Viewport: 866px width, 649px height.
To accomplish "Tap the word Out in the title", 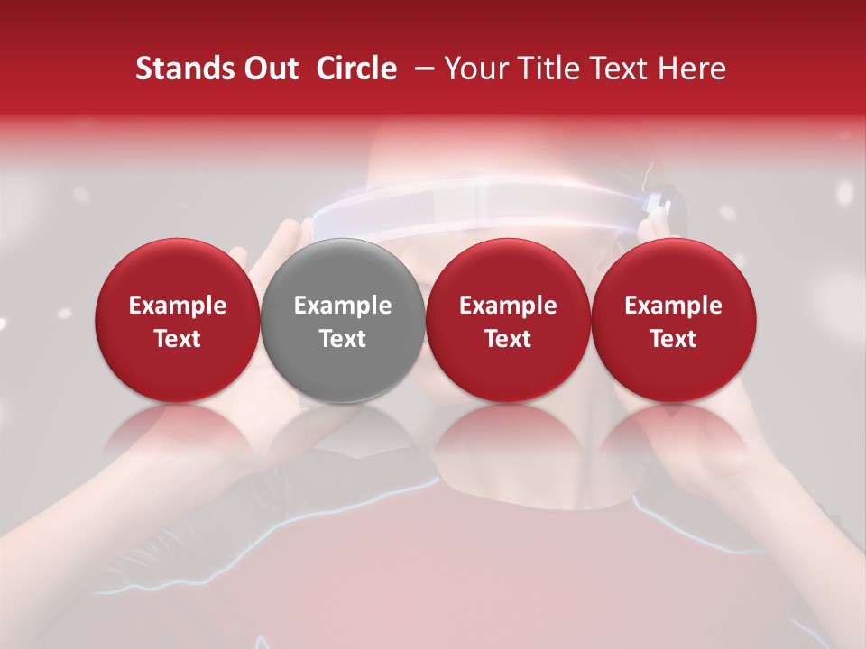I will (268, 69).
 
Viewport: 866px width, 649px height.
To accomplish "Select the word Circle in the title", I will (356, 69).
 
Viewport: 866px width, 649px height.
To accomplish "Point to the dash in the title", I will (421, 69).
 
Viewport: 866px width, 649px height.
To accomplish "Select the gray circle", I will (343, 320).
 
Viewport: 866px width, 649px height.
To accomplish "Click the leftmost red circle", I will (178, 320).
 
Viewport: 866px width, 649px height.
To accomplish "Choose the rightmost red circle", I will (674, 320).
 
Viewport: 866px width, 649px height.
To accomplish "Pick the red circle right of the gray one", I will (508, 320).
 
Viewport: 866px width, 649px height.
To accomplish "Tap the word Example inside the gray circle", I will (343, 306).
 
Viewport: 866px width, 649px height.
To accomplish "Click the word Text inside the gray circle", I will (343, 338).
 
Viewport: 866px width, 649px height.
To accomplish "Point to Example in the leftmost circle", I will (178, 306).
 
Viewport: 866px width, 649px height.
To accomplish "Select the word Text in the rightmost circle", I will (674, 338).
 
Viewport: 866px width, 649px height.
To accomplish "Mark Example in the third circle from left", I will (508, 306).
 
